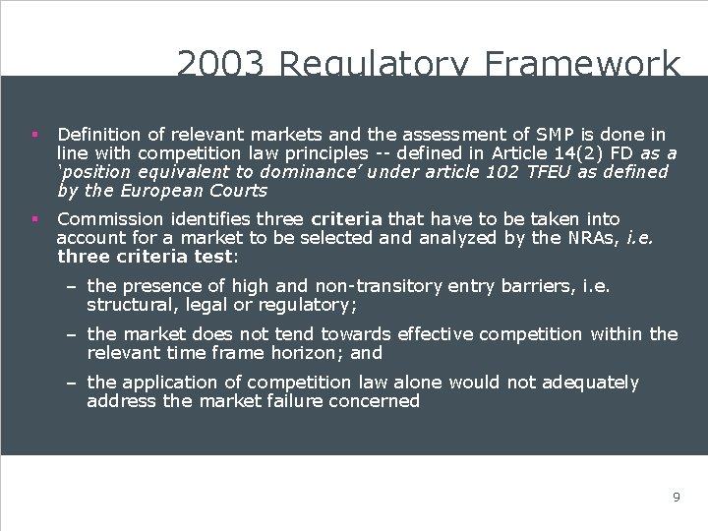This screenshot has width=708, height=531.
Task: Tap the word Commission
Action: click(x=110, y=218)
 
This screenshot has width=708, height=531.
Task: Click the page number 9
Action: click(x=676, y=497)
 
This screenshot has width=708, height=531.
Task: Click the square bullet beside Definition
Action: click(x=33, y=134)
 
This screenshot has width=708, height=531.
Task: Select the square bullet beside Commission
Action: click(x=33, y=218)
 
